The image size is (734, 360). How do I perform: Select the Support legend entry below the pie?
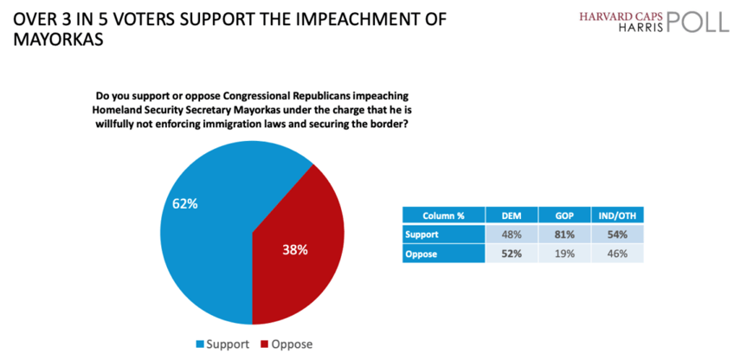coord(229,344)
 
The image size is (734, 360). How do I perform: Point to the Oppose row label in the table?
coord(422,253)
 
